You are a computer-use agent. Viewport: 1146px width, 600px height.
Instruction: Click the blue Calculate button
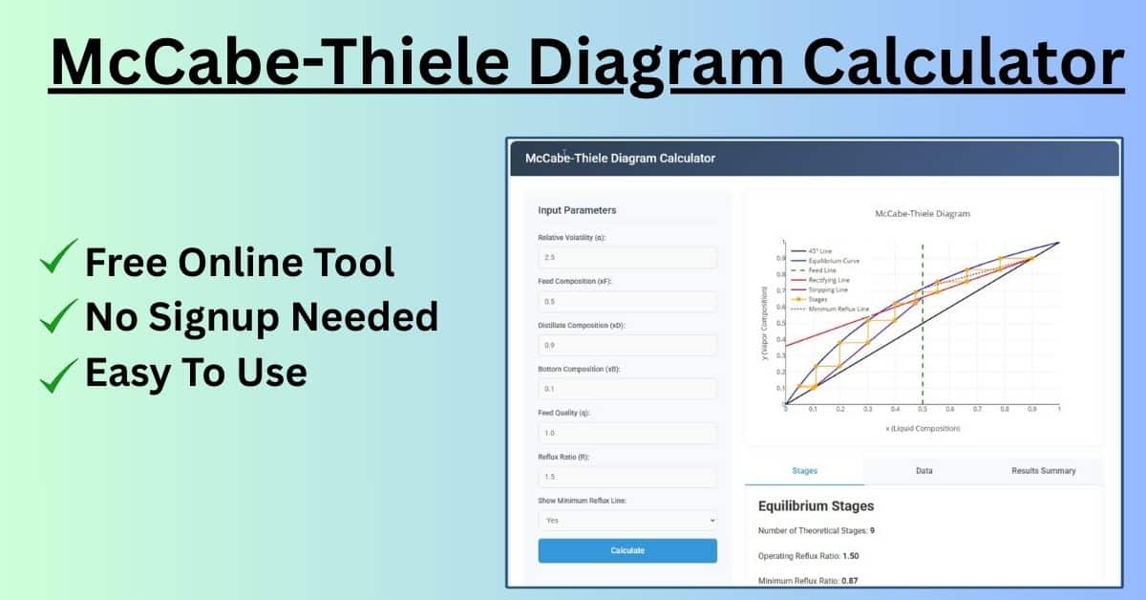(x=627, y=550)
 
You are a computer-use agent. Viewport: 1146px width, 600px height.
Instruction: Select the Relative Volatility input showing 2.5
(x=627, y=258)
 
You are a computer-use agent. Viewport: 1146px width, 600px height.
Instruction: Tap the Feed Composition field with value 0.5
(x=627, y=302)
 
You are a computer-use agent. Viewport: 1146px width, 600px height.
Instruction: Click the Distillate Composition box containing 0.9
(x=627, y=345)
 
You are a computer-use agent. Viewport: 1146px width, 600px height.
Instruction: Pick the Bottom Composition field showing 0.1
(x=627, y=389)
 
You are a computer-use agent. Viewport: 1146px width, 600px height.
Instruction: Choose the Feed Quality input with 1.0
(x=627, y=433)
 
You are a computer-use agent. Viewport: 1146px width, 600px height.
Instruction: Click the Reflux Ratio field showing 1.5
(x=627, y=477)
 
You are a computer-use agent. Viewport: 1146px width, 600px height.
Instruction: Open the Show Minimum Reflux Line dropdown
(x=627, y=520)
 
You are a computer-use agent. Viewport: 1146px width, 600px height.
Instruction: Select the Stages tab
(x=804, y=471)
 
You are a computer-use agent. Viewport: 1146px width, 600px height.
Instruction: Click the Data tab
(x=923, y=471)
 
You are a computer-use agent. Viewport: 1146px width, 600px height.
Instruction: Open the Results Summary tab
(x=1043, y=471)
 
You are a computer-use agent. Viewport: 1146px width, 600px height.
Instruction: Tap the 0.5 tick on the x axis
(x=923, y=409)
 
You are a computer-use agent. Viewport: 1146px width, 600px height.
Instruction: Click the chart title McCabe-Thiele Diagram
(x=922, y=214)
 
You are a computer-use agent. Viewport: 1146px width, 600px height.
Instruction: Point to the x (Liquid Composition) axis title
(x=923, y=428)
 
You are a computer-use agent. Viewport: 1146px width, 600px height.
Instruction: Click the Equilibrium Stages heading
(x=816, y=506)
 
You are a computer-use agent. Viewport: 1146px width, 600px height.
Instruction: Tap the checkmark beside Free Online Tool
(x=59, y=260)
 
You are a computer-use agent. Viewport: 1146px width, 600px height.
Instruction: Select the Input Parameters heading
(x=577, y=210)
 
